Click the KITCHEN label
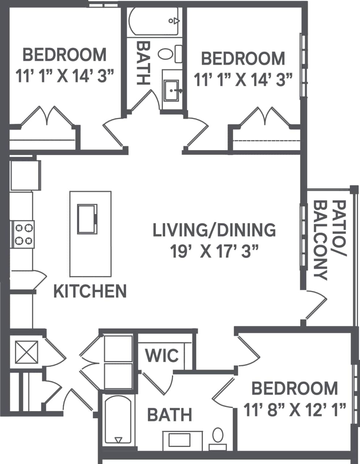(90, 291)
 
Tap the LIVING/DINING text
(214, 230)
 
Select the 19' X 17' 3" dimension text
(216, 251)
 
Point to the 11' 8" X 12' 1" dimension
(294, 411)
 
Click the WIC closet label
(162, 356)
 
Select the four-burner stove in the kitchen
(23, 234)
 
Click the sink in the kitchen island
(87, 218)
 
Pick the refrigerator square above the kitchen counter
(25, 175)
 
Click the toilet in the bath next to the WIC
(218, 435)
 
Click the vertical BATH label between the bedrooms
(143, 63)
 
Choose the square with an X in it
(26, 352)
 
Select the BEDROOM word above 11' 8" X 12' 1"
(294, 389)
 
